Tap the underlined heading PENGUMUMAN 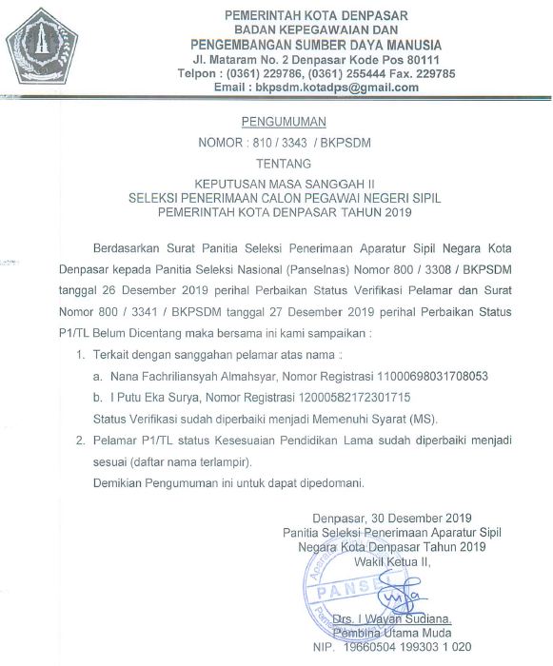[x=286, y=123]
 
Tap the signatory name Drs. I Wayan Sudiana [x=399, y=619]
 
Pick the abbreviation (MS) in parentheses [x=397, y=419]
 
